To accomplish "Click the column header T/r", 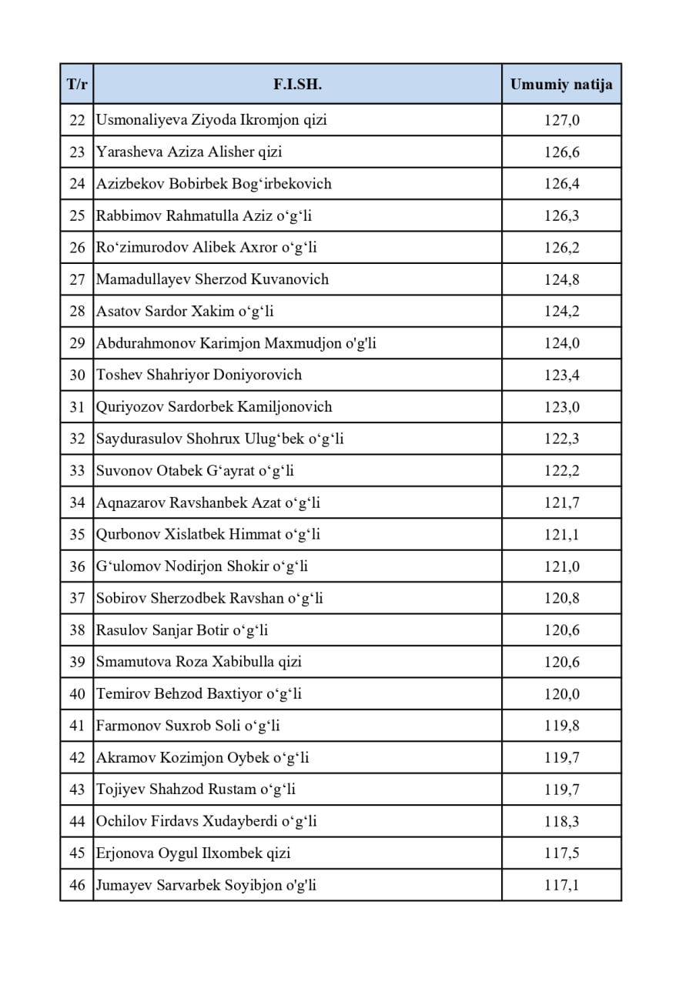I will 77,85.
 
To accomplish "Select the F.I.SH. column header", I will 297,85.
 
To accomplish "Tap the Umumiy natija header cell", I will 561,85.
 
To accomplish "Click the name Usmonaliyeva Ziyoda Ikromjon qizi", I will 211,120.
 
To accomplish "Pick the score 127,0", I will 561,120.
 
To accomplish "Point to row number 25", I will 77,215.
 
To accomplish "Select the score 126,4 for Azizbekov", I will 561,184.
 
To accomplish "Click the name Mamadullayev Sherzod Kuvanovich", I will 212,279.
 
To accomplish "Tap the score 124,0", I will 561,343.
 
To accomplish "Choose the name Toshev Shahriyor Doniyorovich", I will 199,375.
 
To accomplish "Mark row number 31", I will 77,407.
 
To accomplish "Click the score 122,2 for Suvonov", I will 561,471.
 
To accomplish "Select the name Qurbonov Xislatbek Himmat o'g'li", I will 208,534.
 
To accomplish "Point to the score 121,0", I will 561,566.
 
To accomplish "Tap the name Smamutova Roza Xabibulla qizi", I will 199,662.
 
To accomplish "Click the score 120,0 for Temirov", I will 561,694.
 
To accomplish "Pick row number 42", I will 77,758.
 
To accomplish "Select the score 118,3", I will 561,821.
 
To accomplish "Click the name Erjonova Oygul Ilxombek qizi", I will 193,853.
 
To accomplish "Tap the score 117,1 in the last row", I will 561,885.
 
